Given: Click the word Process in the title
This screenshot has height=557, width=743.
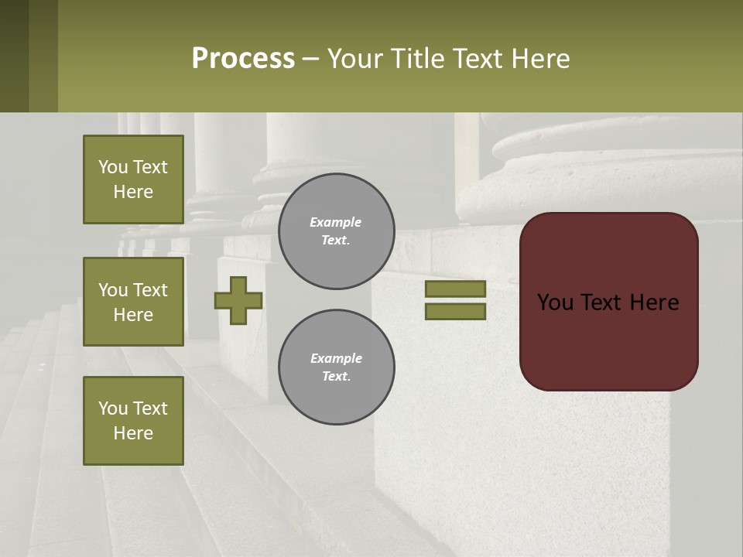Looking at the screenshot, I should [243, 59].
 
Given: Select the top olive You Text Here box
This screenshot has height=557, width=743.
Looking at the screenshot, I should [133, 179].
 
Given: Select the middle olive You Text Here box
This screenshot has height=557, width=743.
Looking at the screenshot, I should [133, 302].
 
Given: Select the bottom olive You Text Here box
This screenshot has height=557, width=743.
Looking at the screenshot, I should [133, 421].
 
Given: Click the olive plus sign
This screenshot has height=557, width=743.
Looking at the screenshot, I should [238, 300].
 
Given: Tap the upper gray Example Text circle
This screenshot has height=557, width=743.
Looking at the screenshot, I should [336, 231].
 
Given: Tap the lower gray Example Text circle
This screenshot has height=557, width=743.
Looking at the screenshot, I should [336, 367].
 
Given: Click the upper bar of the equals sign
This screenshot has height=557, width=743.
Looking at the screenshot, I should [455, 289].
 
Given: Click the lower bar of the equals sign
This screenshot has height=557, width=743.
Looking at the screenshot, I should [455, 311].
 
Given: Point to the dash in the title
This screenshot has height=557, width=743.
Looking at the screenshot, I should [310, 60].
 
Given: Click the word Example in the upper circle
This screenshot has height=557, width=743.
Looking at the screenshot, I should [336, 222].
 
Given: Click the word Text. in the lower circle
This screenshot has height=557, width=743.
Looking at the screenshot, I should [336, 377].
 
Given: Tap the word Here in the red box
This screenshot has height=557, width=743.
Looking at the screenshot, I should [654, 302].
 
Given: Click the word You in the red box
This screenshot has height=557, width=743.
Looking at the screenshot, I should [555, 302].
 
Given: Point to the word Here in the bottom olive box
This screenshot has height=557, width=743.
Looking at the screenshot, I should [133, 433].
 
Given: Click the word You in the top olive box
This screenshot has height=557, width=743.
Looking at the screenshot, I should [112, 167].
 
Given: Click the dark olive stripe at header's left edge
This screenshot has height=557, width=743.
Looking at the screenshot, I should [14, 56].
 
